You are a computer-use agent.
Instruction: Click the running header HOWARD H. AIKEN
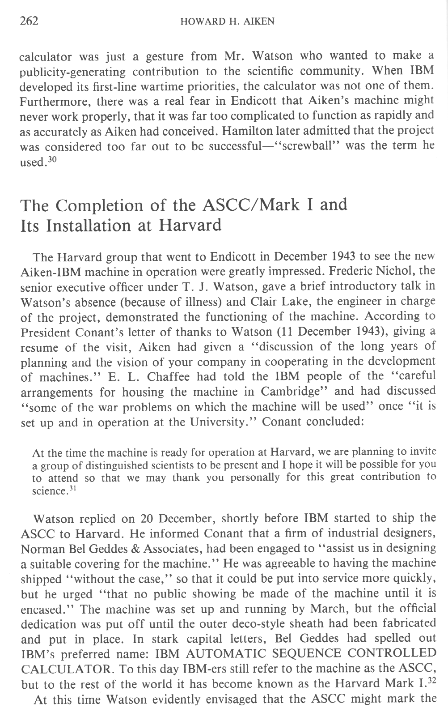point(227,22)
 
